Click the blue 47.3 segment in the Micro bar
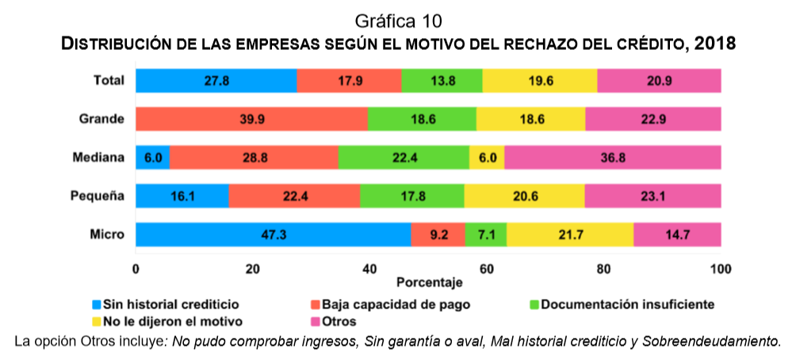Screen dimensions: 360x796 (x=274, y=235)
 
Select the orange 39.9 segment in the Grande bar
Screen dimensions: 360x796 (x=251, y=119)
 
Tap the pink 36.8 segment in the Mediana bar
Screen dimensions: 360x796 (x=612, y=157)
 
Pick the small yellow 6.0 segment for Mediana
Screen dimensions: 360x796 (x=487, y=157)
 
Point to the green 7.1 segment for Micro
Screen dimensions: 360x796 (x=486, y=235)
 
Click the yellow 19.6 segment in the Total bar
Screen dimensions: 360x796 (x=540, y=81)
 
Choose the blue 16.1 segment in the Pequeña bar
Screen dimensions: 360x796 (x=182, y=196)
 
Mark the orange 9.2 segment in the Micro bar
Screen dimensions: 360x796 (x=438, y=235)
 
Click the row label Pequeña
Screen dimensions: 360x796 (x=101, y=195)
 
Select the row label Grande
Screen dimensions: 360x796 (x=102, y=119)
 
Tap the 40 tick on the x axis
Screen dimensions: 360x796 (x=369, y=269)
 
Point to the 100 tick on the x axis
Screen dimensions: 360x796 (x=721, y=269)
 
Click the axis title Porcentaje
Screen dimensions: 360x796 (x=429, y=282)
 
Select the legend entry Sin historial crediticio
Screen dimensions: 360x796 (x=171, y=304)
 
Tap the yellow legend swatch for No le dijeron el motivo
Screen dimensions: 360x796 (x=97, y=321)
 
